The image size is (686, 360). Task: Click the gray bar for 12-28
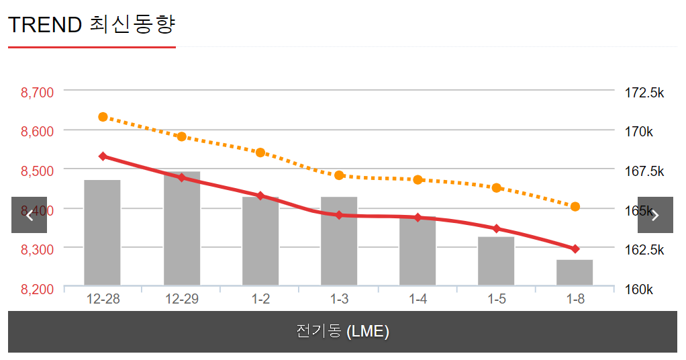(x=102, y=232)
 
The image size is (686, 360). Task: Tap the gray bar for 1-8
(x=575, y=273)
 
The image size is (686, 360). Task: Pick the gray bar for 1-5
(x=496, y=261)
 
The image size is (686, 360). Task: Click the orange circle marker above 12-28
(x=103, y=117)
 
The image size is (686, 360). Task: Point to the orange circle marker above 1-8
(x=575, y=206)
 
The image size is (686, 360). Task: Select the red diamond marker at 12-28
(x=103, y=156)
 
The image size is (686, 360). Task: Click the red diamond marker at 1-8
(x=575, y=249)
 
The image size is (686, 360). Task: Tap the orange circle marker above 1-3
(x=339, y=175)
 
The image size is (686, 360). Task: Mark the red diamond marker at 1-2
(x=260, y=196)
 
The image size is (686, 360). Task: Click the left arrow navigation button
(x=29, y=215)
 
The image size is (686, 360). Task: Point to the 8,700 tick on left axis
(x=38, y=93)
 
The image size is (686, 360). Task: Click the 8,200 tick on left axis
(x=38, y=289)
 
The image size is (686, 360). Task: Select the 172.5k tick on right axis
(x=644, y=93)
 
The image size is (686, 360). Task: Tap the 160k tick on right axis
(x=639, y=289)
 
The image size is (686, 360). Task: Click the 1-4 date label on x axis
(x=418, y=300)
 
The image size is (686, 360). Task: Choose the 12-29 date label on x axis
(x=182, y=300)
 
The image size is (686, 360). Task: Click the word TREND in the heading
(x=45, y=25)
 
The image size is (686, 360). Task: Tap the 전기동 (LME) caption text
(x=342, y=331)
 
